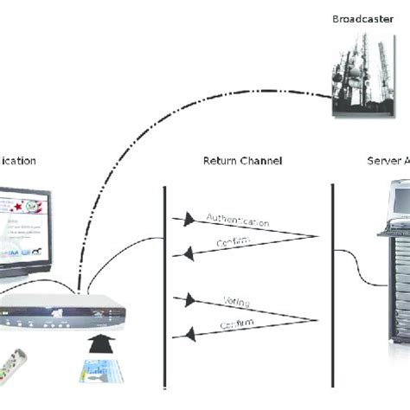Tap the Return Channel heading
coord(242,161)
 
